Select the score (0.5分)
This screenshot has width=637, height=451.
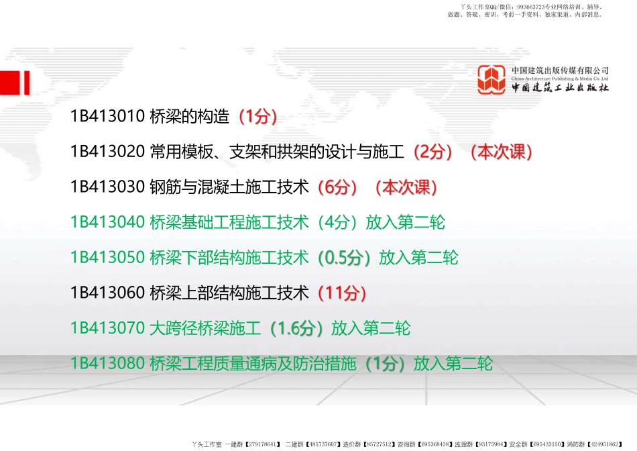pyautogui.click(x=344, y=258)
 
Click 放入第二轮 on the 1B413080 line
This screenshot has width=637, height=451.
pyautogui.click(x=453, y=364)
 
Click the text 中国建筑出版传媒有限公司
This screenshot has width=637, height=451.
pyautogui.click(x=560, y=70)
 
